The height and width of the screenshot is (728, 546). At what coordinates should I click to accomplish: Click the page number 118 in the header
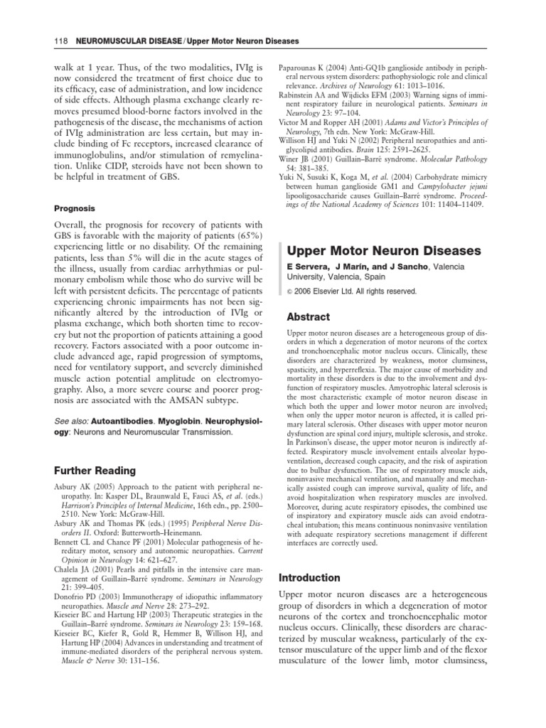click(x=60, y=41)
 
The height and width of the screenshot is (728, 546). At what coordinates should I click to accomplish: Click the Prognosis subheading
click(x=76, y=209)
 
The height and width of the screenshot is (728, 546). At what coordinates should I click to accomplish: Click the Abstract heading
click(x=309, y=316)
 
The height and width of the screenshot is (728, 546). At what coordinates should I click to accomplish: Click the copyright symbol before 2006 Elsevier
click(x=290, y=291)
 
